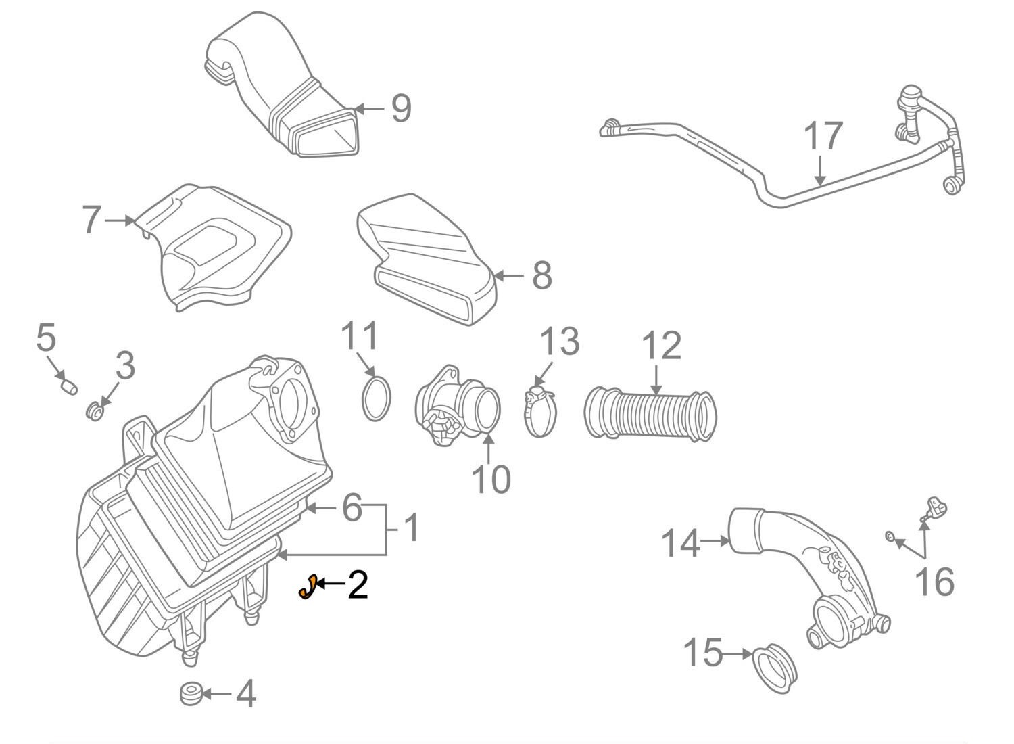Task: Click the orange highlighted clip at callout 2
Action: (x=308, y=586)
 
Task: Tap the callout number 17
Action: (x=823, y=137)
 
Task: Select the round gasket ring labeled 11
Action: (x=377, y=399)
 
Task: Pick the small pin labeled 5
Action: (x=68, y=386)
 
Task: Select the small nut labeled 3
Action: (x=96, y=410)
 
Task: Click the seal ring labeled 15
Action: (x=775, y=670)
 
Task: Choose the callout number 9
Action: (x=401, y=108)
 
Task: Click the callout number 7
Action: (x=92, y=220)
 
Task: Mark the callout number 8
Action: (x=541, y=276)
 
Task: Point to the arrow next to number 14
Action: (x=715, y=540)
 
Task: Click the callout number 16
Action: (x=934, y=581)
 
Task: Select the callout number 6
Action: (x=352, y=507)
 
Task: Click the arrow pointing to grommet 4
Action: (x=216, y=694)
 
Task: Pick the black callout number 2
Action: (x=358, y=584)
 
